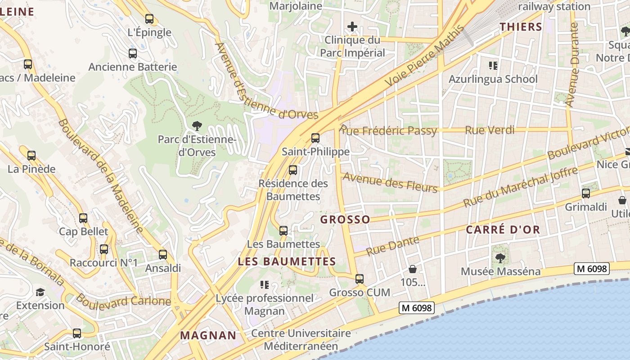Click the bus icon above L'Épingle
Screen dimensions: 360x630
click(x=149, y=19)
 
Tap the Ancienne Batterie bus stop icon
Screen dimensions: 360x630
click(x=133, y=54)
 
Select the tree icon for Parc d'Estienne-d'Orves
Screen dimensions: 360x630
click(x=197, y=126)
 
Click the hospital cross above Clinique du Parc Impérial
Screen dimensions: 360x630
click(x=352, y=27)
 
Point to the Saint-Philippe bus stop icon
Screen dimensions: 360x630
click(x=315, y=138)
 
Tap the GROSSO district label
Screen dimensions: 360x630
click(x=345, y=220)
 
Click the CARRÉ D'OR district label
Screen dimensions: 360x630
click(x=503, y=229)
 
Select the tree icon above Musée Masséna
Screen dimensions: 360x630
click(x=500, y=258)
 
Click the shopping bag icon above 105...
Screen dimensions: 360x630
click(x=413, y=269)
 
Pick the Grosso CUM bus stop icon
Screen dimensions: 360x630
click(x=359, y=279)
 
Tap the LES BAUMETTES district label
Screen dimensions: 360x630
click(x=287, y=261)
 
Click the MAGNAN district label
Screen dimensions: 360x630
click(x=208, y=335)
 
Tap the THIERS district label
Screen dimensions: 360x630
click(x=521, y=27)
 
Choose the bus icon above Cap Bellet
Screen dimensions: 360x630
click(x=83, y=218)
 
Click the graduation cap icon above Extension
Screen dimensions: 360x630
click(x=40, y=292)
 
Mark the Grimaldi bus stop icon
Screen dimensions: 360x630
click(x=585, y=193)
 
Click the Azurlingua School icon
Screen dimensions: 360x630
click(x=493, y=66)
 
